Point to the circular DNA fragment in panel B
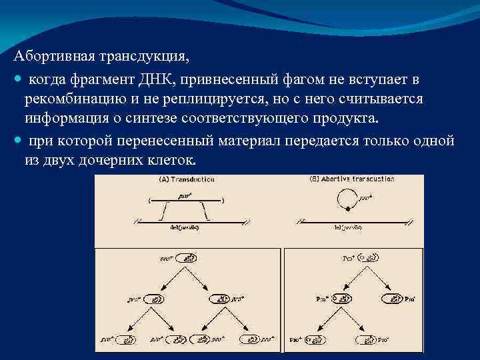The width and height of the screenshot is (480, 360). coord(345,198)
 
